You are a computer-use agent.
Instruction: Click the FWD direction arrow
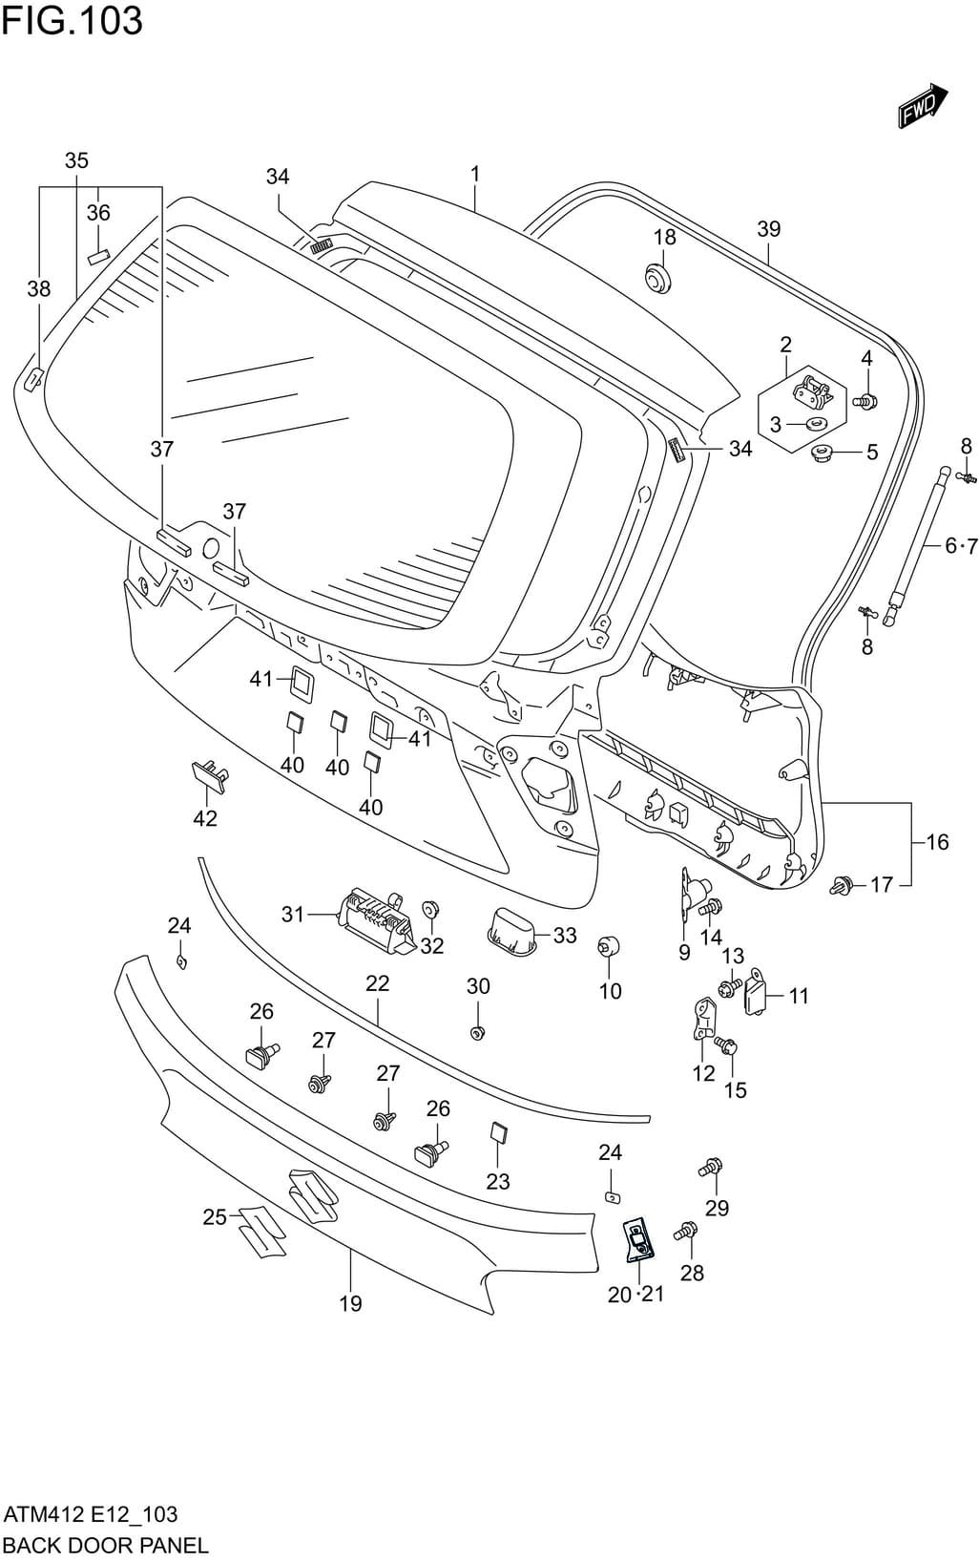point(922,106)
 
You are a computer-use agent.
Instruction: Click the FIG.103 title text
point(72,21)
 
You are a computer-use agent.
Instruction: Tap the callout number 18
point(664,237)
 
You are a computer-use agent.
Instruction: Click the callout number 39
point(768,229)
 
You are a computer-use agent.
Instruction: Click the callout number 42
point(205,818)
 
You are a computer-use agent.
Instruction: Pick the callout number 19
point(350,1303)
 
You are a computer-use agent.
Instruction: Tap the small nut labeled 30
point(478,1032)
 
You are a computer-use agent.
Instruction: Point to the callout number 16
point(937,841)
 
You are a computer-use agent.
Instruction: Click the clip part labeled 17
point(843,885)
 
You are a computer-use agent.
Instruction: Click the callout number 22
point(378,983)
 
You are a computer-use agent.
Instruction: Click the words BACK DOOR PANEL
point(105,1545)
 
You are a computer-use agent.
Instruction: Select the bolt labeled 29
point(711,1167)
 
